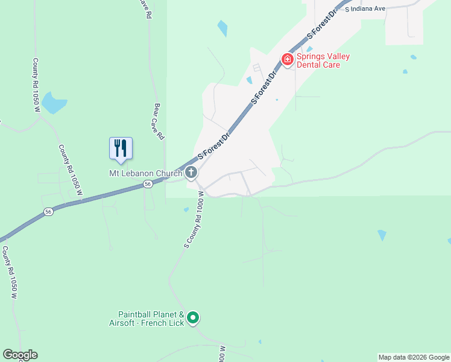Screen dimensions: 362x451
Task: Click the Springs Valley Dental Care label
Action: [323, 61]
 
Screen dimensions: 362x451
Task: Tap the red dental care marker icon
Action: [288, 59]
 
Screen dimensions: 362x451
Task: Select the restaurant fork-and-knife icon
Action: [121, 148]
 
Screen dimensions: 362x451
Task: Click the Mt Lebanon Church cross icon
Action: [191, 173]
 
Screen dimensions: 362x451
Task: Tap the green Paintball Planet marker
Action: [193, 317]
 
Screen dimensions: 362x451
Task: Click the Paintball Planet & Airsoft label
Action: [151, 319]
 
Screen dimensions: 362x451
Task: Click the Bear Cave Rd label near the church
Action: [159, 122]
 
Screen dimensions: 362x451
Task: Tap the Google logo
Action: [20, 355]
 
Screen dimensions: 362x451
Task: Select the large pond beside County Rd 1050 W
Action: [54, 104]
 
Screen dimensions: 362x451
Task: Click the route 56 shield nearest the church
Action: [147, 186]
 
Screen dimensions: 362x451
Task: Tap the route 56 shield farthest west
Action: [48, 211]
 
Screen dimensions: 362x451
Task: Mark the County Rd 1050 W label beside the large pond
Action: [36, 85]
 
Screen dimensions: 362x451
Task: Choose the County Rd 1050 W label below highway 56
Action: [10, 272]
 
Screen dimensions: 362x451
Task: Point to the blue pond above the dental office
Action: [222, 28]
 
